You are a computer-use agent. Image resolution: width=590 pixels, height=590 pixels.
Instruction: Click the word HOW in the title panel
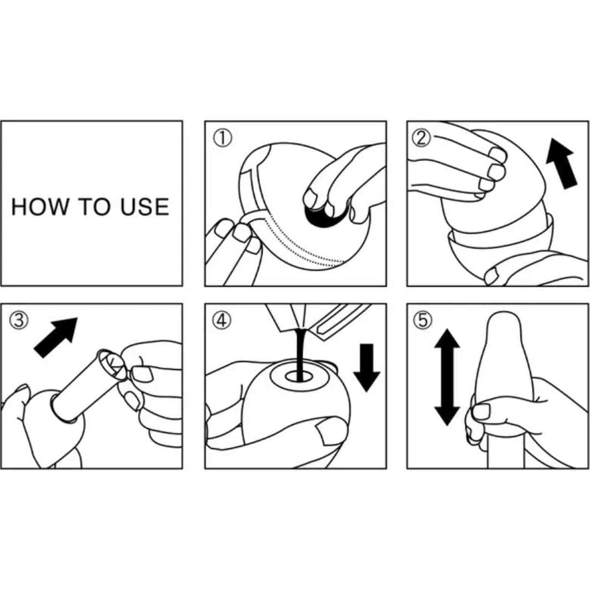pos(40,207)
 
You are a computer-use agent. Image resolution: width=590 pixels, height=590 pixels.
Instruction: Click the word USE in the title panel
pos(144,207)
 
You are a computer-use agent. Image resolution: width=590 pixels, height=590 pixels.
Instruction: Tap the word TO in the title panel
pos(94,207)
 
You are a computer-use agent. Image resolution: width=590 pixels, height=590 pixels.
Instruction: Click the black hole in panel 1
pos(324,216)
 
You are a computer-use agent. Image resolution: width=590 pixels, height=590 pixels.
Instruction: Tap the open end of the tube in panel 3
pos(111,365)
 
